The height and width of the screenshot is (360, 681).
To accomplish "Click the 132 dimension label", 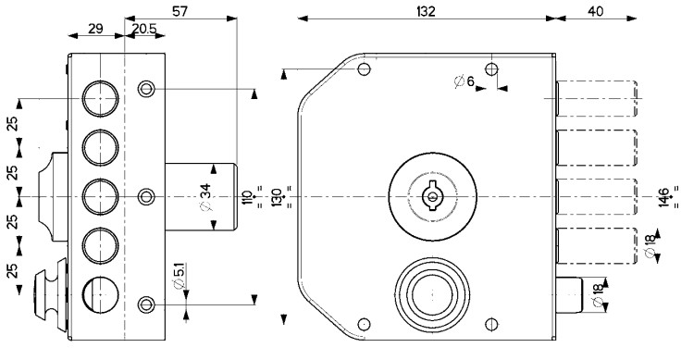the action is coord(426,12).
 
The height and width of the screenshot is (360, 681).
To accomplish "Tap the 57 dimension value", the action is coord(180,12).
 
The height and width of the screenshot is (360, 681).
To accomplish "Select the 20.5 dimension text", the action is coord(143,29).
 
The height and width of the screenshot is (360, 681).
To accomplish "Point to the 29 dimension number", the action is coord(95,29).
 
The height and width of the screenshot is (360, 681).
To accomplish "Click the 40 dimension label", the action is coord(596,12).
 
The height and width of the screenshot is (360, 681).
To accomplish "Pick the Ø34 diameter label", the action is coord(206,197).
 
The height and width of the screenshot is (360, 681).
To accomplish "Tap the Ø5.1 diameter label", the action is coord(179,275).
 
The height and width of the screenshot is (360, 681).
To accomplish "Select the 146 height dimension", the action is coord(663,198).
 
